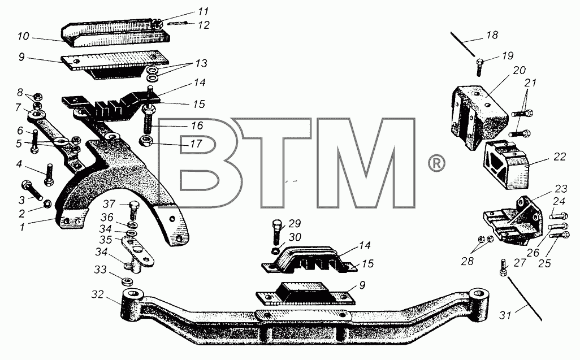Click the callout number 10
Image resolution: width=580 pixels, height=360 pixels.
pos(23,36)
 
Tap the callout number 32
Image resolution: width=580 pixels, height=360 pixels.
pos(98,294)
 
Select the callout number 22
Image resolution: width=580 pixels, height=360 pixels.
pos(560,157)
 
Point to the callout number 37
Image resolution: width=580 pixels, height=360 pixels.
pos(109,203)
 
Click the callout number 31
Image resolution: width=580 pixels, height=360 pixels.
pos(505,315)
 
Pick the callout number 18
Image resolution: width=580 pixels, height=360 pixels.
pos(492,35)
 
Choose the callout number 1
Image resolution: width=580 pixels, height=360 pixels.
pos(22,227)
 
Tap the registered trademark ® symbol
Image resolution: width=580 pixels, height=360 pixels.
pos(436,163)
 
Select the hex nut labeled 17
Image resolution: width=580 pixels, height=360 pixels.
pos(145,141)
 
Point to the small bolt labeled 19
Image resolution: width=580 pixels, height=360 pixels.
pos(479,67)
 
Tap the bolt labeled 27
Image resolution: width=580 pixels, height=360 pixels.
pos(503,268)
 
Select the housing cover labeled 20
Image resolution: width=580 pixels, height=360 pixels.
pos(477,116)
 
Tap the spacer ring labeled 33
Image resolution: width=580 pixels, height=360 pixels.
pos(127,282)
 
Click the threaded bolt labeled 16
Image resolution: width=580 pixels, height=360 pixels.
pos(149,120)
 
